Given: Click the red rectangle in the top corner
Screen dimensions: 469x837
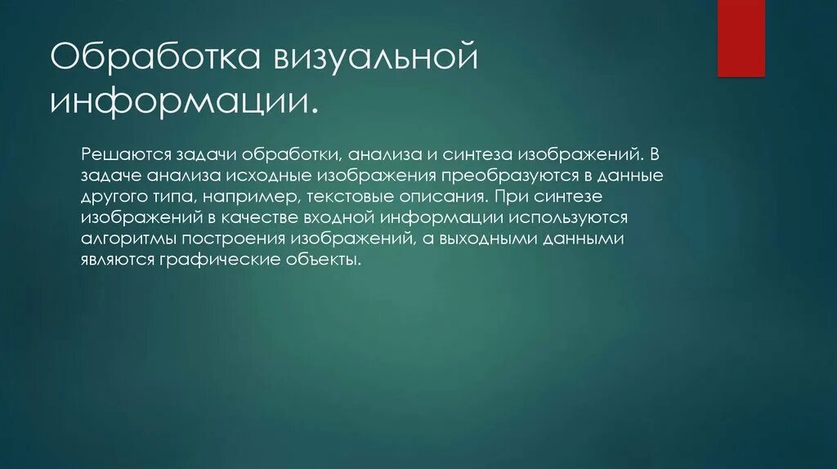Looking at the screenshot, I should tap(741, 38).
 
